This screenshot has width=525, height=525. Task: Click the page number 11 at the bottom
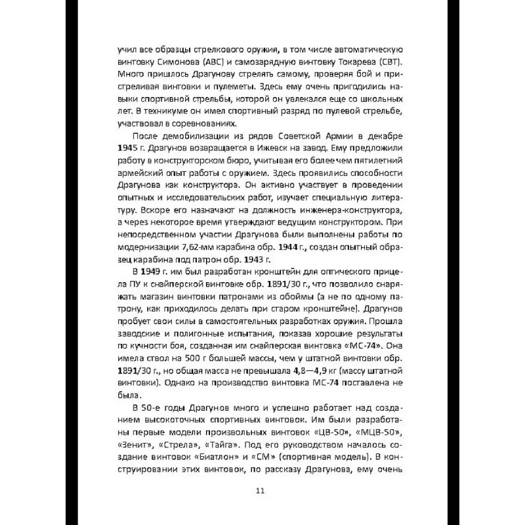(261, 491)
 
